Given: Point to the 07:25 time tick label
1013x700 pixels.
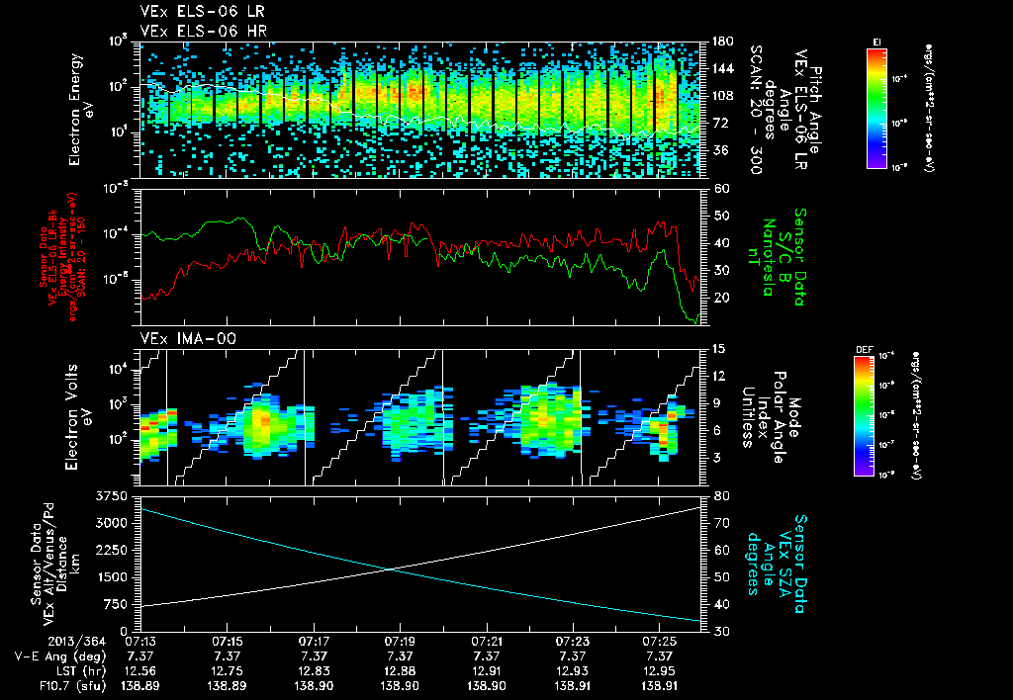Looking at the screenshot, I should click(659, 641).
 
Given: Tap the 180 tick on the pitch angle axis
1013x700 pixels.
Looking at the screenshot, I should click(721, 42).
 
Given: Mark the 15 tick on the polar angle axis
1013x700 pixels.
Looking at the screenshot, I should click(719, 348).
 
